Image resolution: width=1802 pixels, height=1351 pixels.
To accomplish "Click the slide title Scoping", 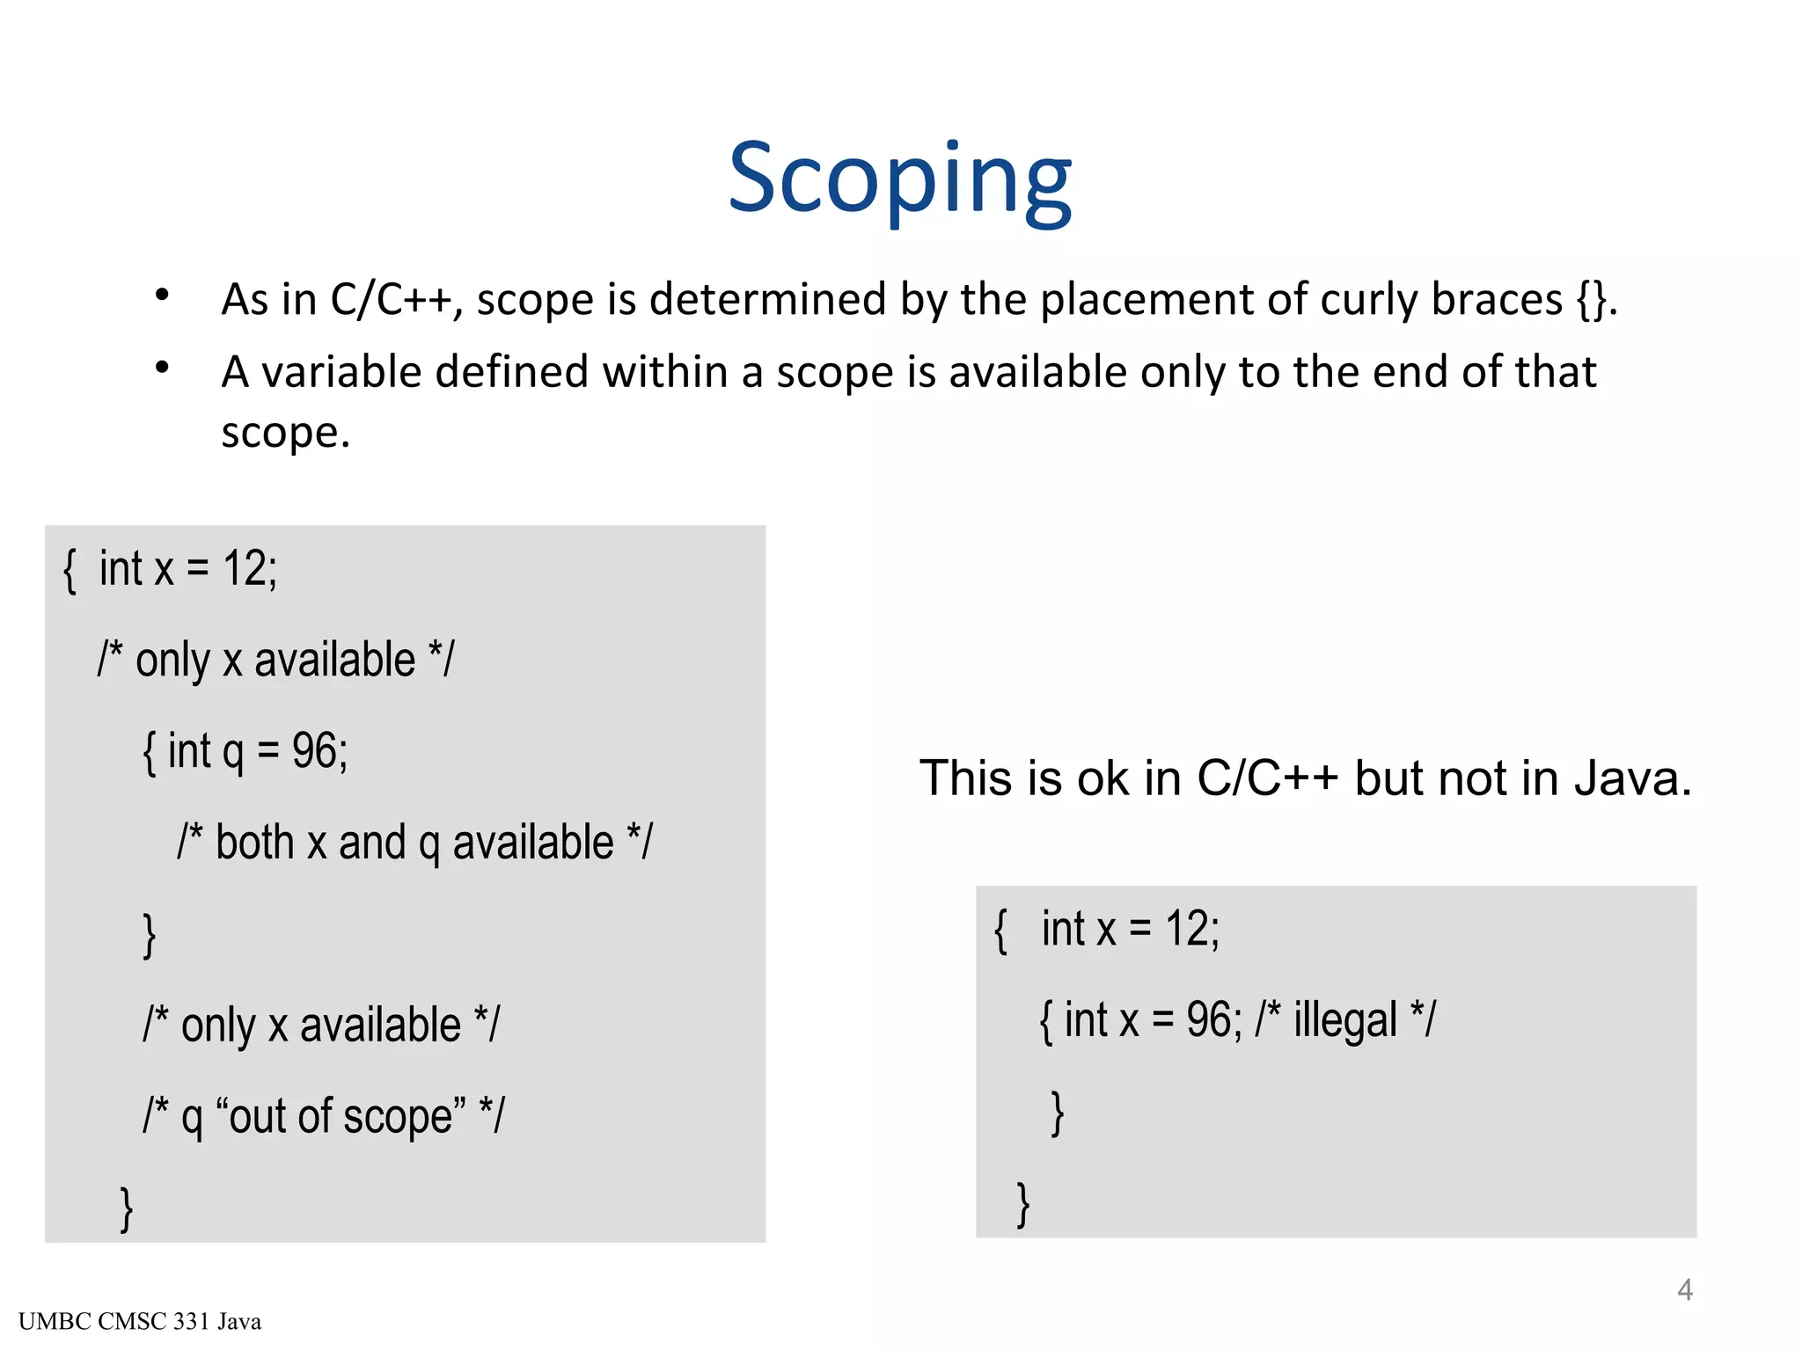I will [899, 179].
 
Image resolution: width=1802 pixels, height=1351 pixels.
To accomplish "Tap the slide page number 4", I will [1684, 1289].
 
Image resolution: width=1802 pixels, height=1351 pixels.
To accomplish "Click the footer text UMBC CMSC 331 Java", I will [140, 1321].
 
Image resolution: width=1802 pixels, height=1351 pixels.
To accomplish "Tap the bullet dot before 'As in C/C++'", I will [162, 296].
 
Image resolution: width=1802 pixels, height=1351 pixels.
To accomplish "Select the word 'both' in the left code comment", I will [254, 843].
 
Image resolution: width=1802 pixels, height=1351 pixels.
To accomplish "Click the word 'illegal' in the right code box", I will [1344, 1020].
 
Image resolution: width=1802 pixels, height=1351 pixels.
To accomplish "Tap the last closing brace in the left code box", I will [127, 1209].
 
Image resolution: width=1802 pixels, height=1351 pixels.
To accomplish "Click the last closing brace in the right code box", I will [1022, 1204].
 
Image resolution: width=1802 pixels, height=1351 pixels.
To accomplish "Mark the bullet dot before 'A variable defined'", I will [162, 369].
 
